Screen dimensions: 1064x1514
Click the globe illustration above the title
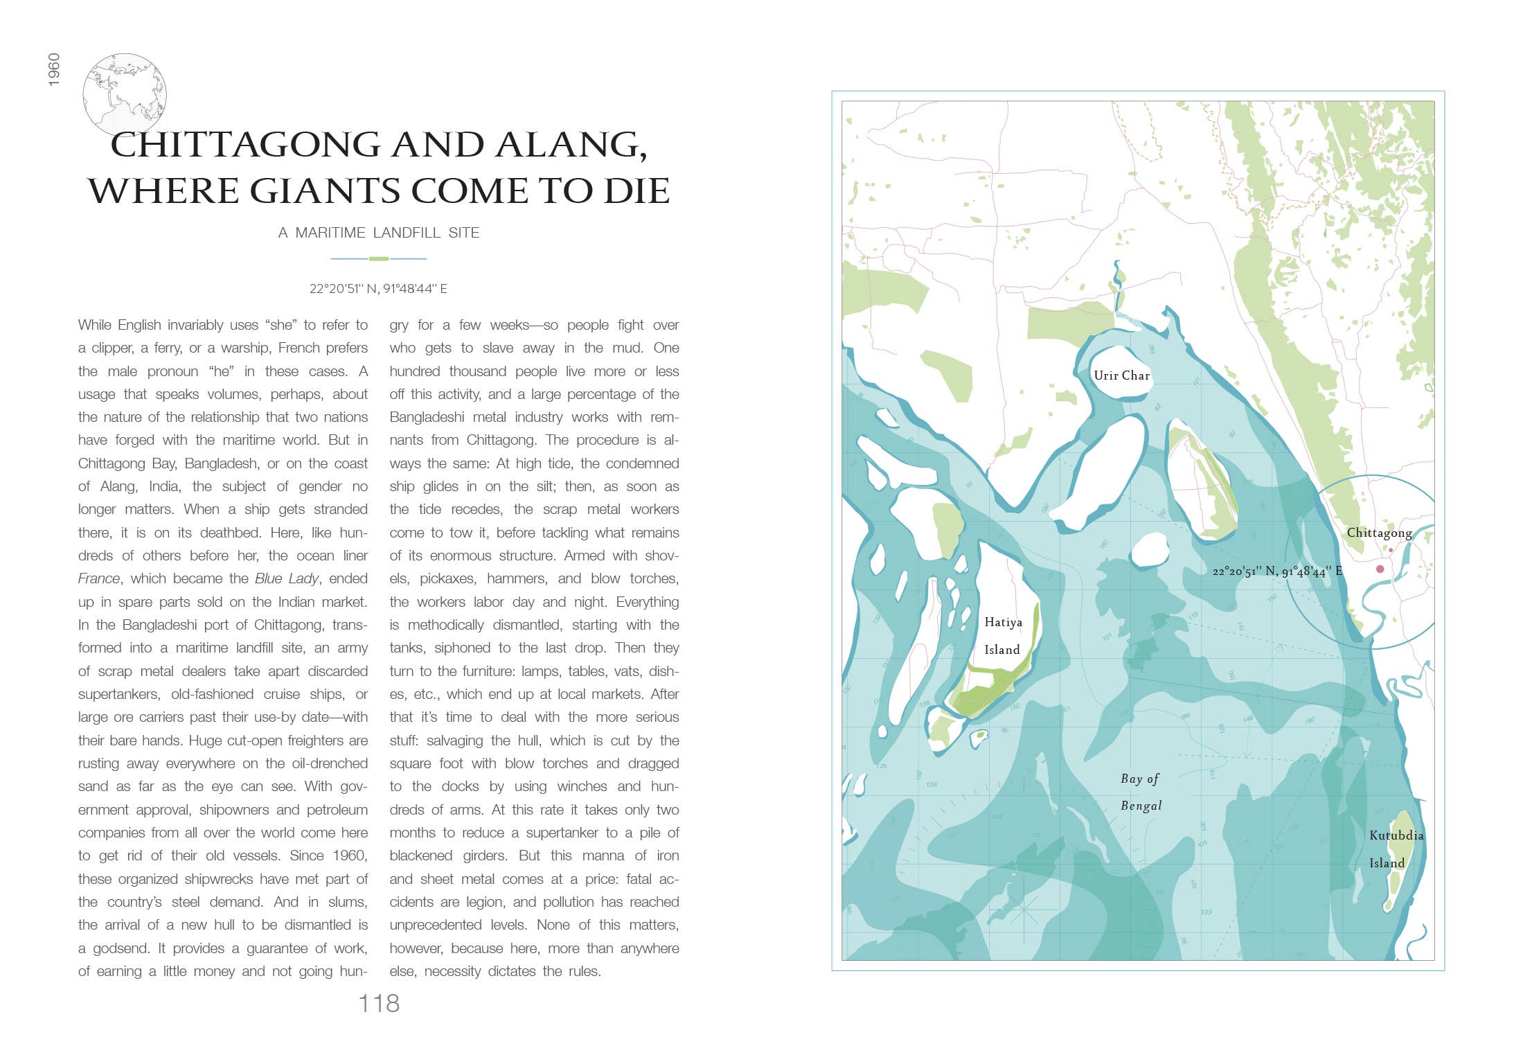125,94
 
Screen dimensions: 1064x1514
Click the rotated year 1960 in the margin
54,69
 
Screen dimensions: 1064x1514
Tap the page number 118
379,1003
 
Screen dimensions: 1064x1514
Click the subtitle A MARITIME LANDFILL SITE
378,233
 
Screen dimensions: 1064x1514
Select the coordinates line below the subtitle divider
378,289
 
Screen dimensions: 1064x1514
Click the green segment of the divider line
379,258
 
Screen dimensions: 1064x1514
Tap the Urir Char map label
1121,375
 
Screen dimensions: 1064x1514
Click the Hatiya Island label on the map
1003,636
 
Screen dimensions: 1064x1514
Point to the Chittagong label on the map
1379,533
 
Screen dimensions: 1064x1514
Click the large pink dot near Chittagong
1380,569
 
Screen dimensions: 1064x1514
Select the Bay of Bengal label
1141,792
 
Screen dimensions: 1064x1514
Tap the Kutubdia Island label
1396,849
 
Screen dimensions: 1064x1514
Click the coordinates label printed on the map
1277,571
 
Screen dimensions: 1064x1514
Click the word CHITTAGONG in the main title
245,145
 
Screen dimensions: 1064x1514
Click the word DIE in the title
636,191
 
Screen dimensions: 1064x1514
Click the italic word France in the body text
98,578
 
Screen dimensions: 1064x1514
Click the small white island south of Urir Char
1150,549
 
